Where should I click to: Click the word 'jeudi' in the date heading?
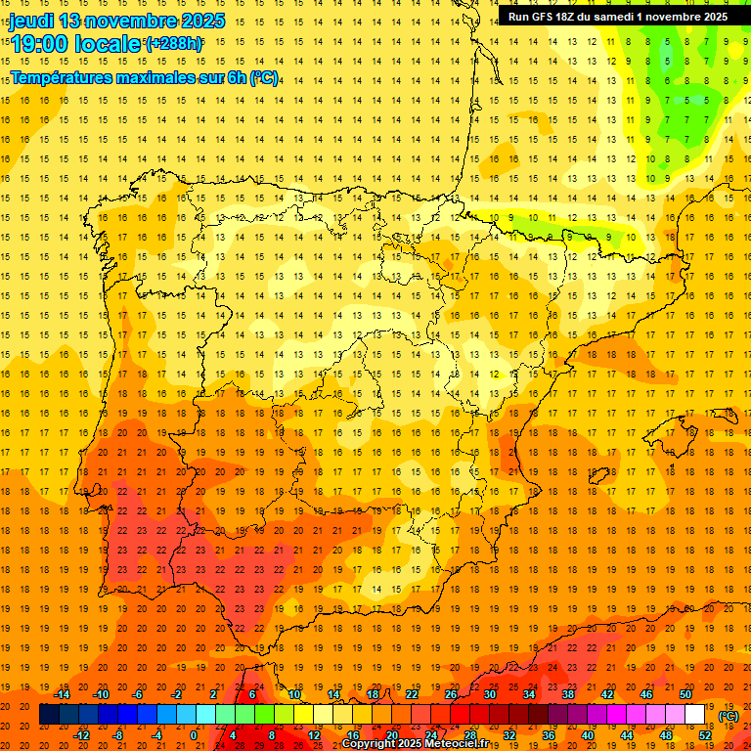pyautogui.click(x=31, y=21)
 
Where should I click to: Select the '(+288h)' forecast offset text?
pyautogui.click(x=174, y=44)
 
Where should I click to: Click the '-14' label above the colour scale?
pyautogui.click(x=63, y=694)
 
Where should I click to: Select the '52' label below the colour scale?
pyautogui.click(x=705, y=734)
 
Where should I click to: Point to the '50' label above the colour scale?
pyautogui.click(x=685, y=694)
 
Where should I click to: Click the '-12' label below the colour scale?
pyautogui.click(x=82, y=734)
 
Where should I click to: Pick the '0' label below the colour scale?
pyautogui.click(x=194, y=734)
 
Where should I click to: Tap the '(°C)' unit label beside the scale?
pyautogui.click(x=729, y=716)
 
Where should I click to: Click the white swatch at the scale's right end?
pyautogui.click(x=695, y=715)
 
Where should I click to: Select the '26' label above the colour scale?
pyautogui.click(x=451, y=694)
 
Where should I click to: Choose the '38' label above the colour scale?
pyautogui.click(x=568, y=694)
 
